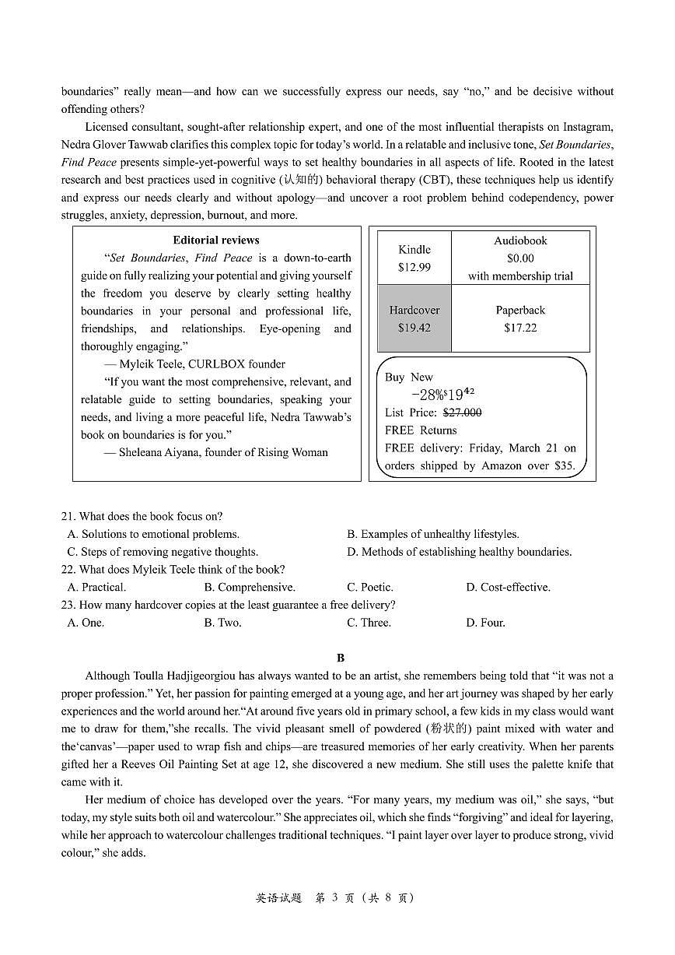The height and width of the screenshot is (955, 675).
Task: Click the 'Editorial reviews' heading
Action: click(216, 240)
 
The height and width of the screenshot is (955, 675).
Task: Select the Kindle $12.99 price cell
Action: click(414, 258)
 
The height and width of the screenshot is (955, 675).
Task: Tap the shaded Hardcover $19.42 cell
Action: click(414, 319)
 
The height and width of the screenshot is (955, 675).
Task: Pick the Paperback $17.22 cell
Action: click(520, 319)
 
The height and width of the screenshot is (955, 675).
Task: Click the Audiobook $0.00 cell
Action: click(520, 258)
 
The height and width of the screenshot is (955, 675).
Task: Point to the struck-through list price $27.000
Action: click(462, 413)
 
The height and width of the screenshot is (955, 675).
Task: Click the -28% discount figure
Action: click(428, 395)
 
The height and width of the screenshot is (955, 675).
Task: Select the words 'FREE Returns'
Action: click(421, 430)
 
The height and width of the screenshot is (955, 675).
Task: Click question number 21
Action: click(68, 516)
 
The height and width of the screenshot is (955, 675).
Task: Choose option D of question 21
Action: click(459, 552)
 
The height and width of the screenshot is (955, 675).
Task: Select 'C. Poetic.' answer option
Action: click(369, 587)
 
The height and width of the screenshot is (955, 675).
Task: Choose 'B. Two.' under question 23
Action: click(222, 623)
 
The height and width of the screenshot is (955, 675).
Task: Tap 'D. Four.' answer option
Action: click(485, 623)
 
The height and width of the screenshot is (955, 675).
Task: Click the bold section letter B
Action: click(341, 658)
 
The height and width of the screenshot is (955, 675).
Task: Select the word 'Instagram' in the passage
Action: click(589, 127)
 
